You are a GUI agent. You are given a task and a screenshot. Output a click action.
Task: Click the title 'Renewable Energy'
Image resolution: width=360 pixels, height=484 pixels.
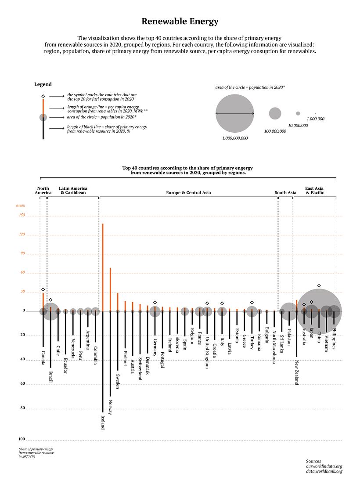tap(180, 22)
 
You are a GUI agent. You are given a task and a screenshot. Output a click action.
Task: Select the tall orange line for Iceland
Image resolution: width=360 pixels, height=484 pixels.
tap(103, 264)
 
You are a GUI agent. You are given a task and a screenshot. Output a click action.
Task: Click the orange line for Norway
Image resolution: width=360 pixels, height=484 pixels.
tap(110, 288)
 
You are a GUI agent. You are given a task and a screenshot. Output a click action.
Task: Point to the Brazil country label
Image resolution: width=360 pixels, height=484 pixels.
tap(51, 377)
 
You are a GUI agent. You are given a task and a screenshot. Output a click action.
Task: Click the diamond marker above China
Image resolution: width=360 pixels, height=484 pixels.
tap(319, 286)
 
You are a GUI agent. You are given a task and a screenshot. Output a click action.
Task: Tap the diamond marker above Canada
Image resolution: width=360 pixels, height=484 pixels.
tap(43, 289)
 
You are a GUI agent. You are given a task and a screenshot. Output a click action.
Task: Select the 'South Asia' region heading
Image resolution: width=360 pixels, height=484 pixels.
tap(285, 193)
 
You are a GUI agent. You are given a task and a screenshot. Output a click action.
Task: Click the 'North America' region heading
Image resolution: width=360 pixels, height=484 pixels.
tap(43, 191)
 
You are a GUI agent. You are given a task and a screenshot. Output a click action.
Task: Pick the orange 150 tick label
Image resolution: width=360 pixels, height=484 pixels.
tap(22, 215)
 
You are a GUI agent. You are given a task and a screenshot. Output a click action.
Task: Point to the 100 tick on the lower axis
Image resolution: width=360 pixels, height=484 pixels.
tap(22, 440)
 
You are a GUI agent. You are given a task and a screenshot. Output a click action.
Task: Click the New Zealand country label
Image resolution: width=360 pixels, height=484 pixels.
tap(297, 372)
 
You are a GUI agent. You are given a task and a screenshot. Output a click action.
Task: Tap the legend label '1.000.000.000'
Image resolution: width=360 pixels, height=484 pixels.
tap(235, 138)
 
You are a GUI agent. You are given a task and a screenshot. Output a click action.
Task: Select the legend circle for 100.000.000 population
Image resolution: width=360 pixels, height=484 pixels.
tap(275, 113)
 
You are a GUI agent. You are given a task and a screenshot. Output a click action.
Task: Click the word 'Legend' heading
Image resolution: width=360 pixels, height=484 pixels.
tap(43, 84)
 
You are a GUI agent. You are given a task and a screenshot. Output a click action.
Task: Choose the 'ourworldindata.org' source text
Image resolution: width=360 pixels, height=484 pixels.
tap(324, 466)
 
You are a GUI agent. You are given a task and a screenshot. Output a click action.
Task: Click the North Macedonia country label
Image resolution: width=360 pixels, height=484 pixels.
tap(274, 347)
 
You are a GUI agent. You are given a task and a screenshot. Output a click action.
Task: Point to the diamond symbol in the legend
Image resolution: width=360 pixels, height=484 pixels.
tap(43, 96)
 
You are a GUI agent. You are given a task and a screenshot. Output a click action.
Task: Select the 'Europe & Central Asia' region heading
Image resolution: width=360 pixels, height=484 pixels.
tap(188, 193)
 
